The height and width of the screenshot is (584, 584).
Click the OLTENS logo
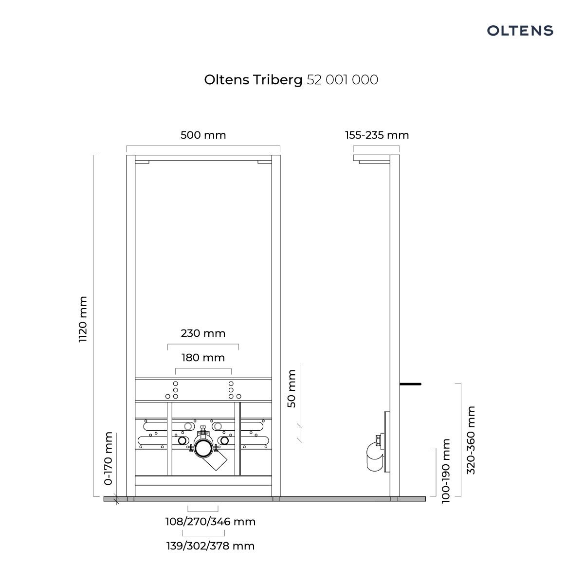click(x=520, y=31)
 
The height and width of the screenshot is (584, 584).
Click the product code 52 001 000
click(x=342, y=80)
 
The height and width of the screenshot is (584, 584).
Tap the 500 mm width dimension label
click(x=203, y=135)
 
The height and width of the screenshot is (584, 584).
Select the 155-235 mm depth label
click(x=377, y=135)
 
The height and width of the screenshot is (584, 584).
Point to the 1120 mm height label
click(x=83, y=319)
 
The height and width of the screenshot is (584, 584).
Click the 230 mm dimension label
click(x=203, y=333)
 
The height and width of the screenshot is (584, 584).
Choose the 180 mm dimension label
click(x=203, y=358)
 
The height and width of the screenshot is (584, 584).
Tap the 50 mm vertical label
click(x=291, y=388)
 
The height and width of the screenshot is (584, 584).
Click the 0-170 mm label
click(x=108, y=458)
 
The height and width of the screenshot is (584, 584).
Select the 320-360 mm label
click(x=471, y=440)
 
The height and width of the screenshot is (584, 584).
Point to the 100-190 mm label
click(x=445, y=471)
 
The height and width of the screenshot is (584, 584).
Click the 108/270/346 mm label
click(x=210, y=522)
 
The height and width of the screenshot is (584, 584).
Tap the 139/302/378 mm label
click(x=210, y=546)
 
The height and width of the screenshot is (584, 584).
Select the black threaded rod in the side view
click(x=410, y=384)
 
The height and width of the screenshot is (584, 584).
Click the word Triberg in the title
click(x=278, y=80)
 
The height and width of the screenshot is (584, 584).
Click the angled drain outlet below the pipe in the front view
click(x=215, y=462)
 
